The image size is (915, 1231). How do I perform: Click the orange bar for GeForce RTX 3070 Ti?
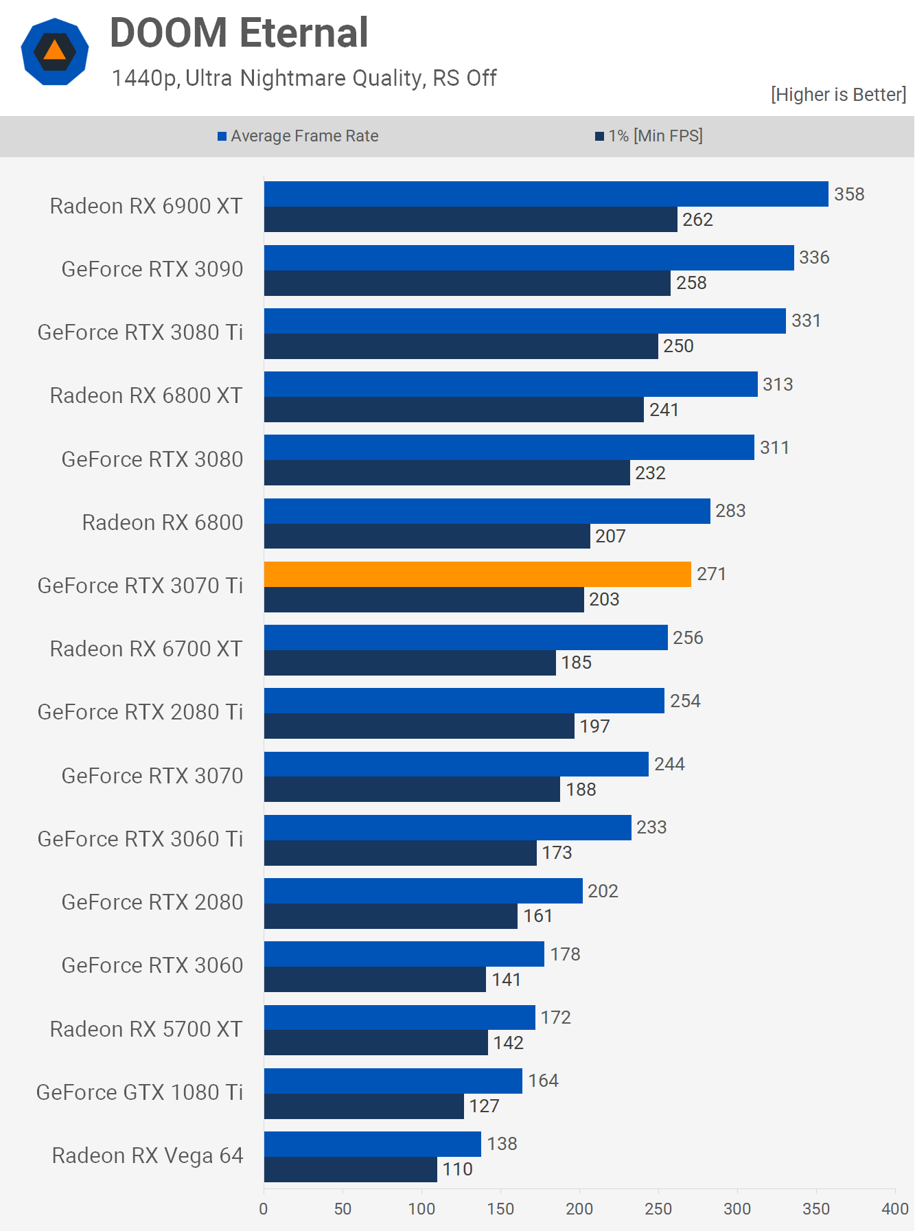coord(477,575)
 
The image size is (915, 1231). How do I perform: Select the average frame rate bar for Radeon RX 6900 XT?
coord(546,194)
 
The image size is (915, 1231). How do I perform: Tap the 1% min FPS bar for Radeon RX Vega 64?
coord(350,1170)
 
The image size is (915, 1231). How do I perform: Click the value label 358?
coord(849,194)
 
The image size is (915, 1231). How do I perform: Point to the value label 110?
coord(457,1169)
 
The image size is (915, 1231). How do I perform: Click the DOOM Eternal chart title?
coord(239,33)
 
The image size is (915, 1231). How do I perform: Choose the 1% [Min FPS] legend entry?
coord(649,136)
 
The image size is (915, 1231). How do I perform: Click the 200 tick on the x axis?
coord(579,1209)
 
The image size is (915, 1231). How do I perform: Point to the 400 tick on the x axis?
coord(894,1209)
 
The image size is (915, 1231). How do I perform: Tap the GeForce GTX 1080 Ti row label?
coord(140,1092)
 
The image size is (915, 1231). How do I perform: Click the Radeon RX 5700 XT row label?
coord(146,1029)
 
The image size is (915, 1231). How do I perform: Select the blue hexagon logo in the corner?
coord(55,51)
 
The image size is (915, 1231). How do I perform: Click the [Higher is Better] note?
coord(838,94)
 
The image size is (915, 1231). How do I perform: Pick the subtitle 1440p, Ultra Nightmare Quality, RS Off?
coord(304,78)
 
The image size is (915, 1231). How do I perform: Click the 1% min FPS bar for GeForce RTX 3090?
coord(467,283)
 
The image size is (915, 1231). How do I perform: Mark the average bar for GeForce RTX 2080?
coord(423,891)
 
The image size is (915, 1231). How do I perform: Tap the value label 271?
coord(711,574)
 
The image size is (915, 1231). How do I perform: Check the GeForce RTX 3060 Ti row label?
coord(140,839)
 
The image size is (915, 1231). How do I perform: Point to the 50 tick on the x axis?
coord(343,1209)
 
